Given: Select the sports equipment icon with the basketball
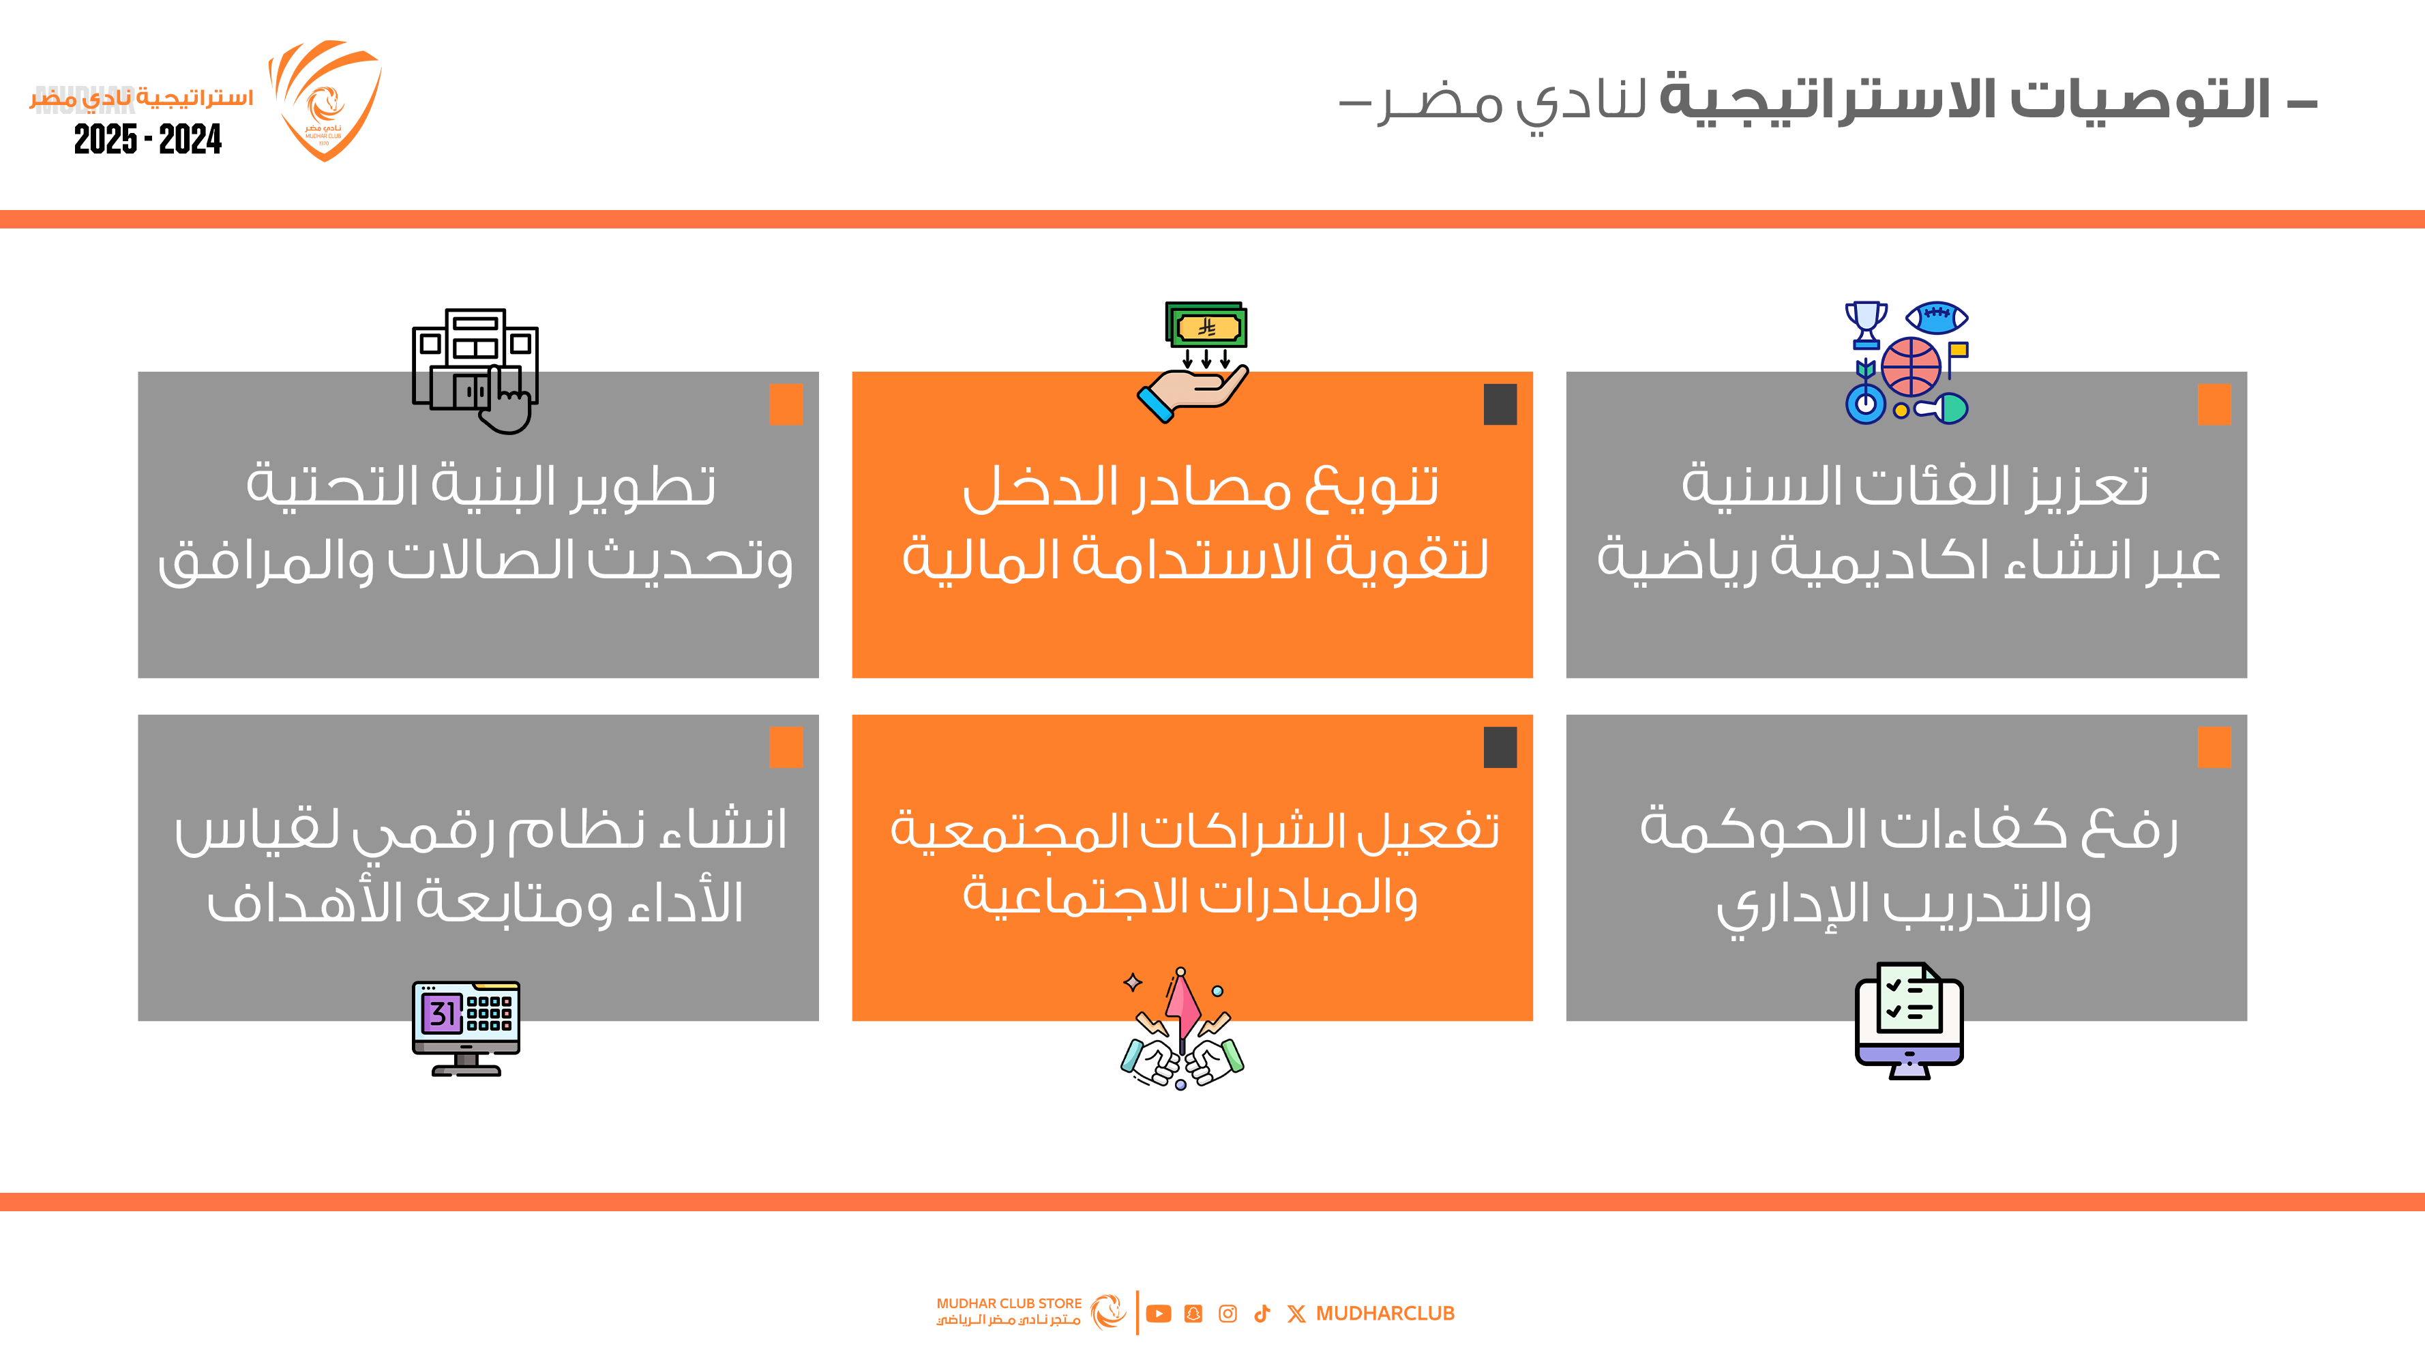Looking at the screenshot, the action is [1907, 362].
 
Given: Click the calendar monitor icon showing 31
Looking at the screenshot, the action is [466, 1028].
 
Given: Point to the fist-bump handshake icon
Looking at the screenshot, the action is [1182, 1028].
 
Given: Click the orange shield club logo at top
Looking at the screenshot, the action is [325, 100].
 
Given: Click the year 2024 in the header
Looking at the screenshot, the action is [190, 139].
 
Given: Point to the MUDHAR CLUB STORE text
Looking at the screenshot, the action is [1009, 1304].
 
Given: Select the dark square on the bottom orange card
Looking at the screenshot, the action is [1500, 747].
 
